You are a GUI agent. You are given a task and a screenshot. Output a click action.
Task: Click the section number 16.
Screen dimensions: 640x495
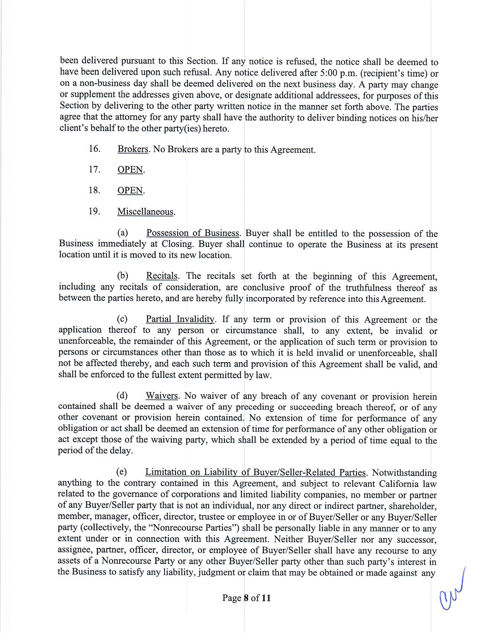click(x=95, y=149)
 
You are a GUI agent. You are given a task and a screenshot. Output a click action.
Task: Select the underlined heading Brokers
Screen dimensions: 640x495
click(x=133, y=149)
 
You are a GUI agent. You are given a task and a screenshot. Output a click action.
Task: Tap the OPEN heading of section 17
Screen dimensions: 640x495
click(x=130, y=170)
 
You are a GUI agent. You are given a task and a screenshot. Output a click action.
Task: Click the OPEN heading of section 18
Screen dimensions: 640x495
click(x=130, y=191)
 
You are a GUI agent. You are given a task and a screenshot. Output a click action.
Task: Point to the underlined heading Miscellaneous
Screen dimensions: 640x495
click(x=146, y=212)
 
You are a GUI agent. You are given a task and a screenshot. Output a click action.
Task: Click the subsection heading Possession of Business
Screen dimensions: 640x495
click(x=193, y=233)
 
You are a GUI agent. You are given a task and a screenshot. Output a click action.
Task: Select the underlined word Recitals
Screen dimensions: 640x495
click(x=162, y=276)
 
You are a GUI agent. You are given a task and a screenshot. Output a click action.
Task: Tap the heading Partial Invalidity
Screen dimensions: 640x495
click(x=180, y=319)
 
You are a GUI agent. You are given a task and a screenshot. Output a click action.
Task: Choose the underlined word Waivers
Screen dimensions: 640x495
click(x=162, y=396)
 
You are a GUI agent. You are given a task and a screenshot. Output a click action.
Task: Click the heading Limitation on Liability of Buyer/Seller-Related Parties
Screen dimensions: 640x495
click(x=255, y=472)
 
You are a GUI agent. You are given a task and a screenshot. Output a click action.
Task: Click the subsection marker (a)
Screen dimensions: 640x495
click(x=123, y=233)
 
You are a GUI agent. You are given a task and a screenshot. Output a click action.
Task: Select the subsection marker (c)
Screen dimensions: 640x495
click(x=123, y=319)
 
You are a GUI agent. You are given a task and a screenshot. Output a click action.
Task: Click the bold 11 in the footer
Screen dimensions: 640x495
click(x=266, y=598)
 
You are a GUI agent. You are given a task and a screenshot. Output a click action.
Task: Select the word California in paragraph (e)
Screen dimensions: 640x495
click(x=400, y=484)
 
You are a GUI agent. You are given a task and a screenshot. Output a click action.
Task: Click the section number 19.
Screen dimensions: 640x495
click(x=95, y=211)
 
